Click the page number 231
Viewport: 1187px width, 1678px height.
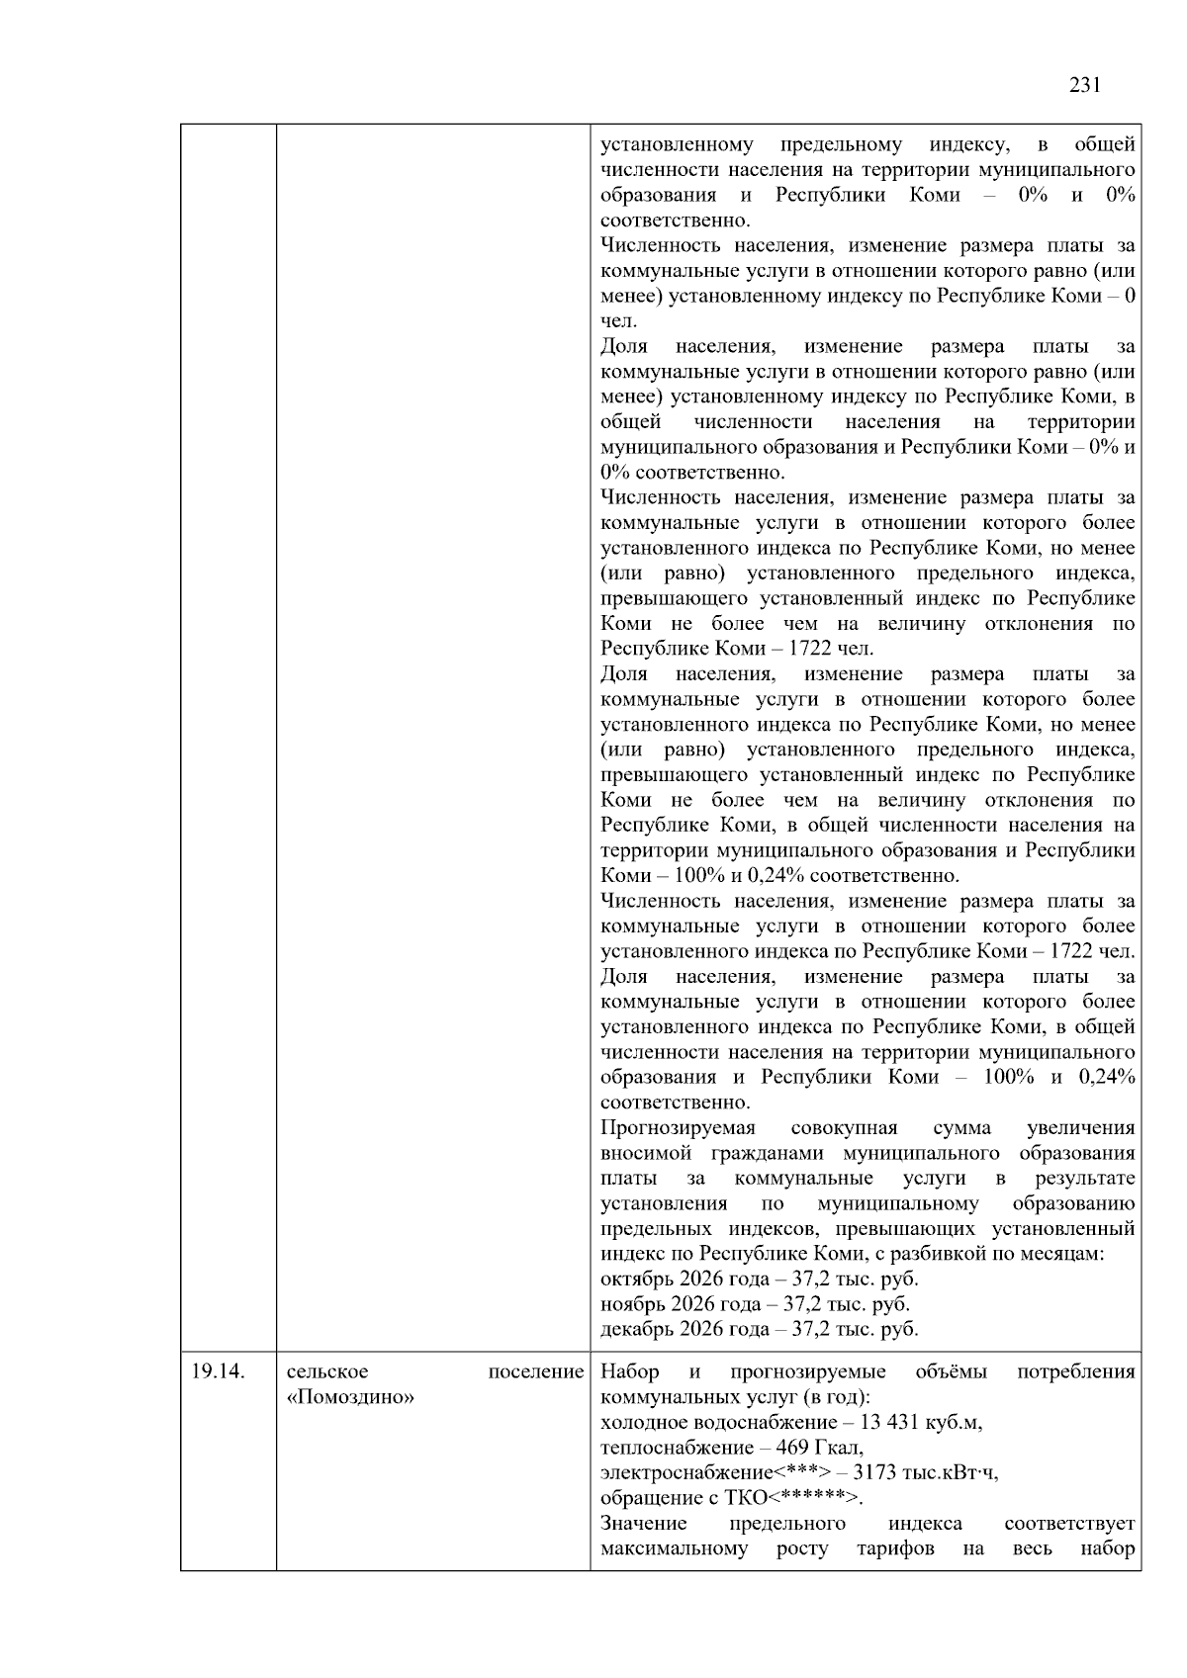(x=1085, y=85)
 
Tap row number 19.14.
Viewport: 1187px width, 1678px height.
(x=217, y=1371)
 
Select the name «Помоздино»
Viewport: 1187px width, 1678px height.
(x=350, y=1397)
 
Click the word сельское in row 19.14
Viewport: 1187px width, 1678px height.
(x=327, y=1371)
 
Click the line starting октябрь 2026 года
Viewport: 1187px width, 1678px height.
(x=760, y=1279)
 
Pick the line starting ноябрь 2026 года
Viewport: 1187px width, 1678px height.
(x=755, y=1304)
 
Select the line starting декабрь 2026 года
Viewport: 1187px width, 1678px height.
(x=759, y=1329)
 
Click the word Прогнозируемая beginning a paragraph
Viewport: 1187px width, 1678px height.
(x=678, y=1128)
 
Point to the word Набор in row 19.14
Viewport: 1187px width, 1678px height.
(x=630, y=1371)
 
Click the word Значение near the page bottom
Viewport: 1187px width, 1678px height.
(x=643, y=1523)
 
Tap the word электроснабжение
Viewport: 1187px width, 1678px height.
(x=686, y=1472)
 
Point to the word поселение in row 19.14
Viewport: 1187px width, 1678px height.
(x=536, y=1371)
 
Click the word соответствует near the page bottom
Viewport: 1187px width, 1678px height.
(x=1068, y=1523)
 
